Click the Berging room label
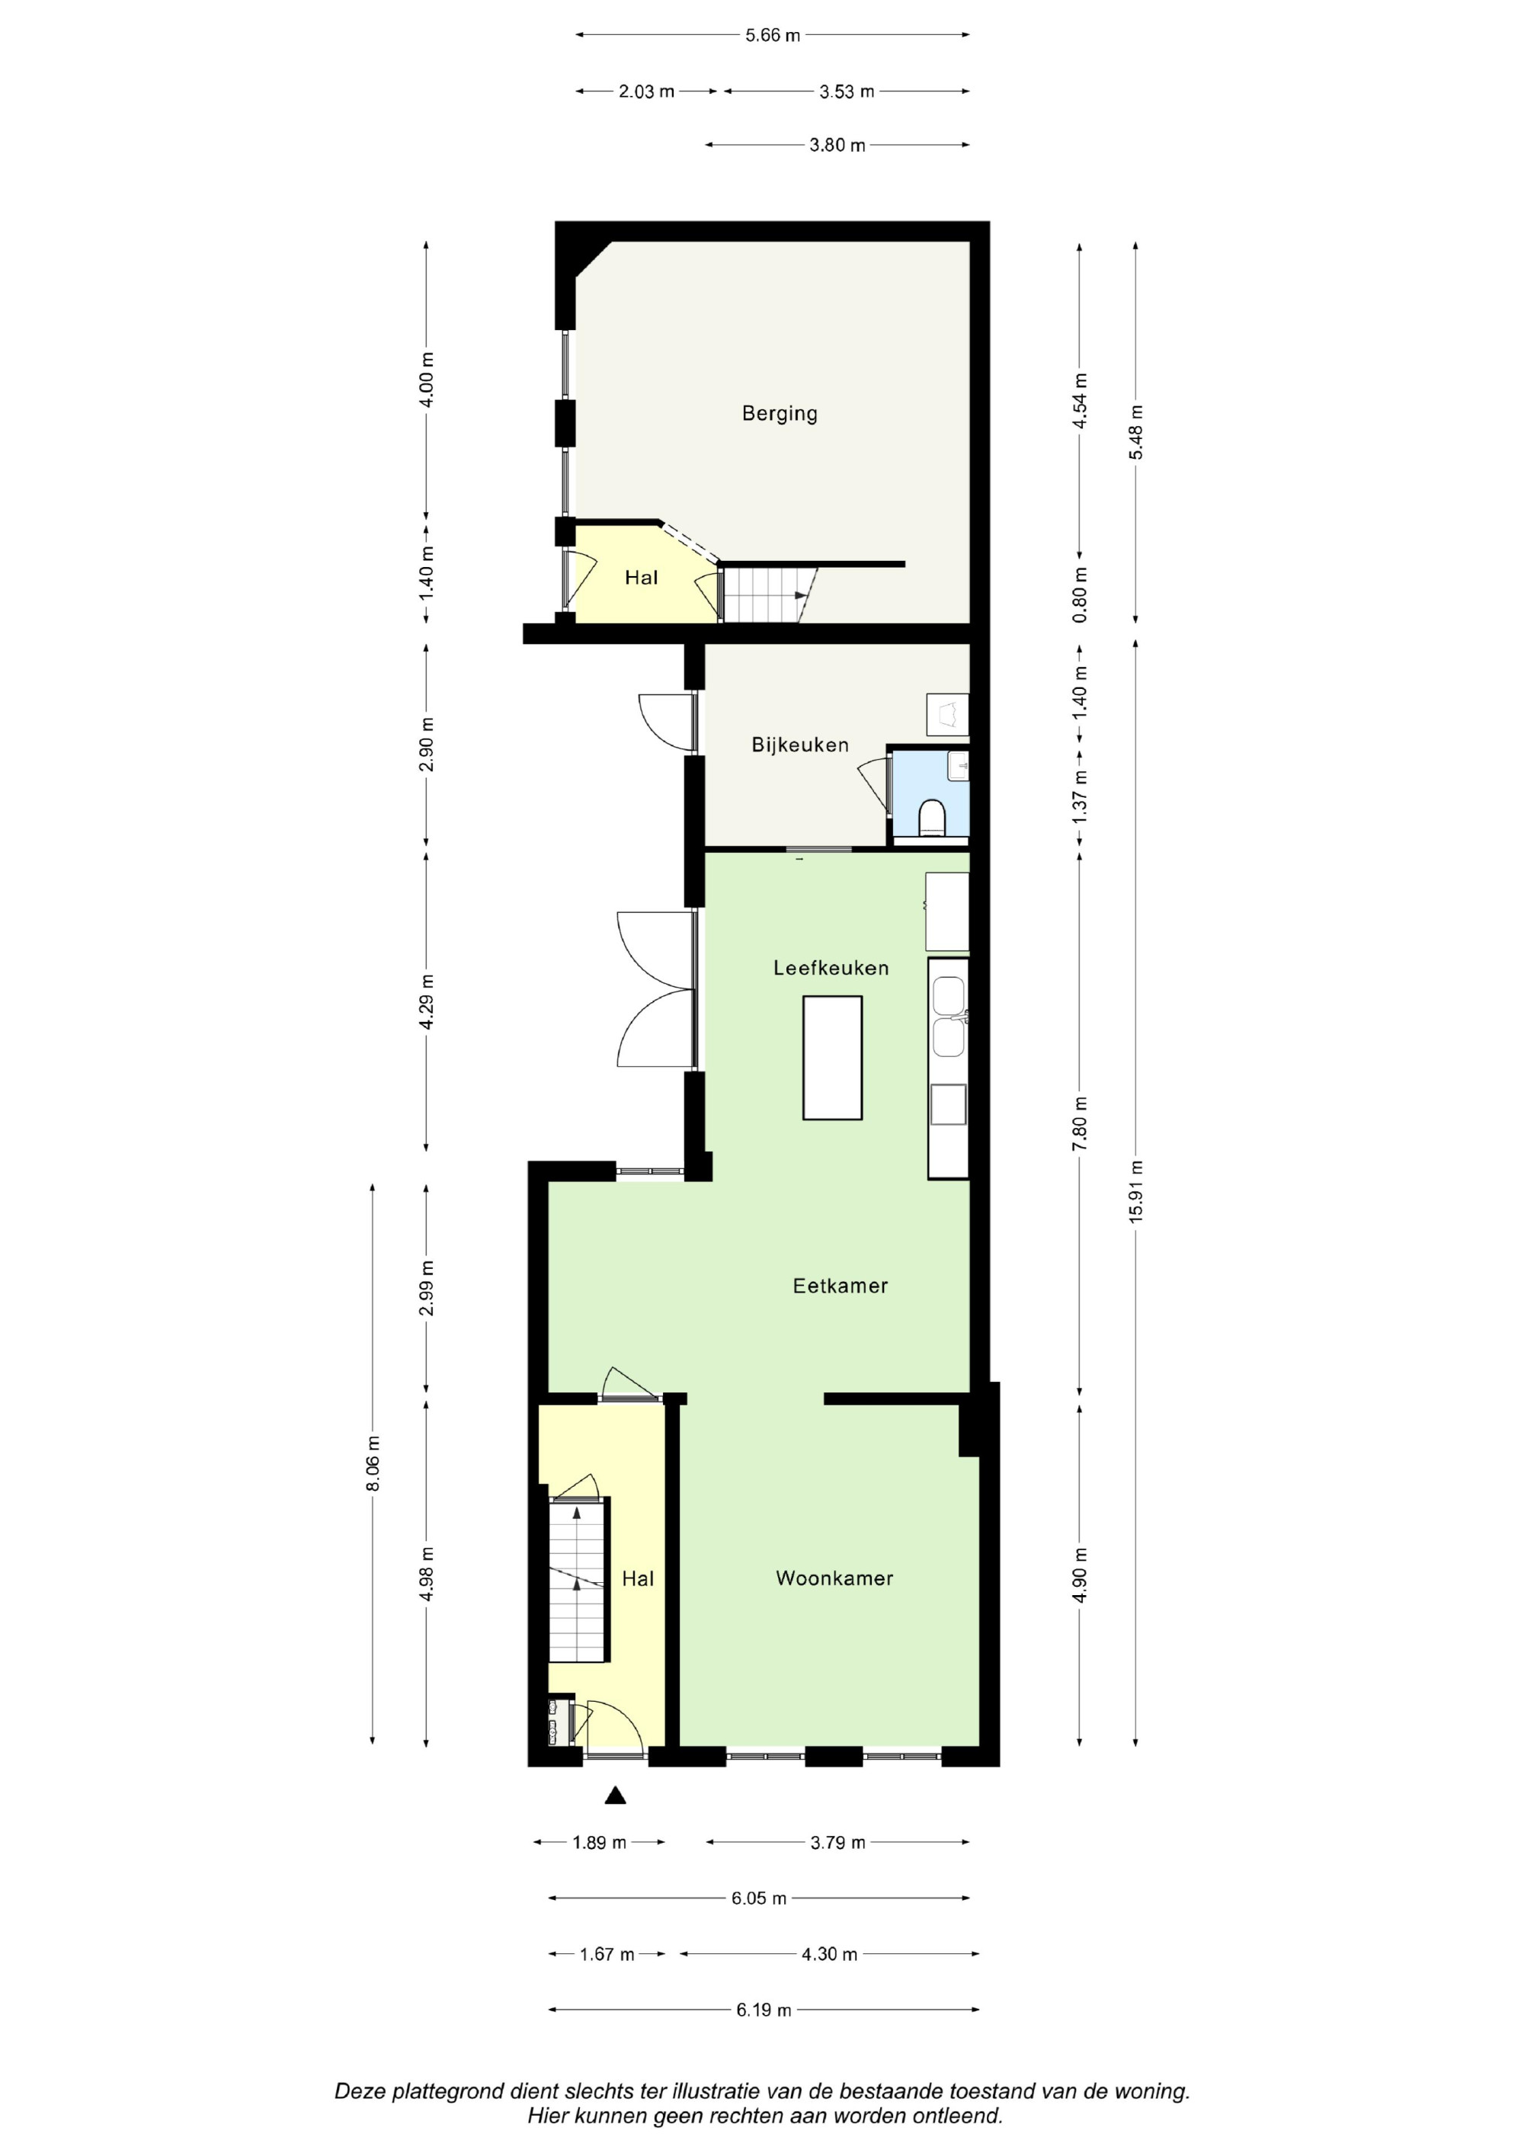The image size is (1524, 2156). (780, 413)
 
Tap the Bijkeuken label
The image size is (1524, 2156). (800, 745)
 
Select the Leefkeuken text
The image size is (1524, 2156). (831, 967)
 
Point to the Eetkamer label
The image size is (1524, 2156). (840, 1286)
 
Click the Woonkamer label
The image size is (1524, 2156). (835, 1578)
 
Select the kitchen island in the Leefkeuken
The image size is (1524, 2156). (832, 1059)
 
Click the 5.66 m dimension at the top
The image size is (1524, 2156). (773, 36)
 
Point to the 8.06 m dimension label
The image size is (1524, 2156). (373, 1464)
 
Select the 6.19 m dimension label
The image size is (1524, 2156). (764, 2010)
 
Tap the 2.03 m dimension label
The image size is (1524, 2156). (646, 92)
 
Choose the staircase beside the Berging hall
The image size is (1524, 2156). (768, 594)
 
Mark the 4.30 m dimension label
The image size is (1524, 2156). (829, 1954)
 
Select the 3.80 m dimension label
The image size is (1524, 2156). (837, 146)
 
